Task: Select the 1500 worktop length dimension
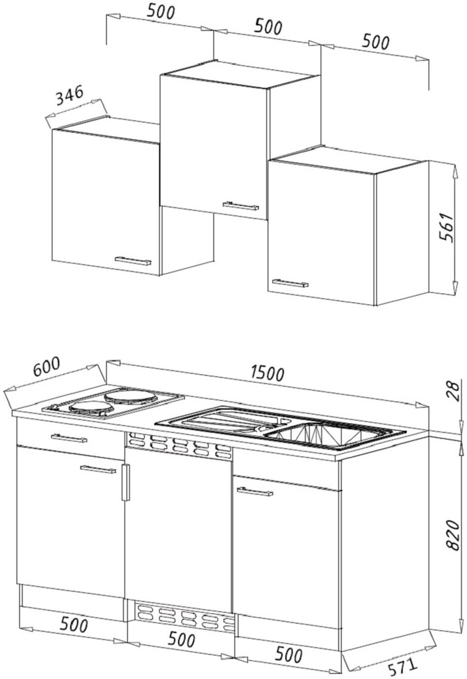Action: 268,373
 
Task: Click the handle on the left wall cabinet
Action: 133,261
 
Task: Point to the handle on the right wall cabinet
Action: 290,283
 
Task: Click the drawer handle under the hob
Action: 69,438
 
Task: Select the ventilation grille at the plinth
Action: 185,617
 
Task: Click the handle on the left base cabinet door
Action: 97,469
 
